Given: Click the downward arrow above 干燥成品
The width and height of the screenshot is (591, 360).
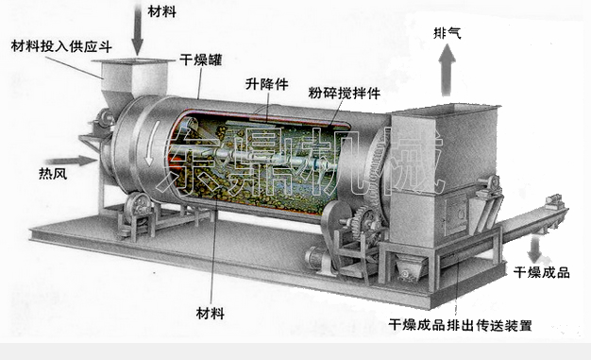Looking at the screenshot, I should click(x=535, y=249).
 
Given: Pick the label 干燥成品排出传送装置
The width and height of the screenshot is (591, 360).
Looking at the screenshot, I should click(x=460, y=326).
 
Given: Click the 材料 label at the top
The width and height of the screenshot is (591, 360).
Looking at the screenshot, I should click(x=162, y=11).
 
